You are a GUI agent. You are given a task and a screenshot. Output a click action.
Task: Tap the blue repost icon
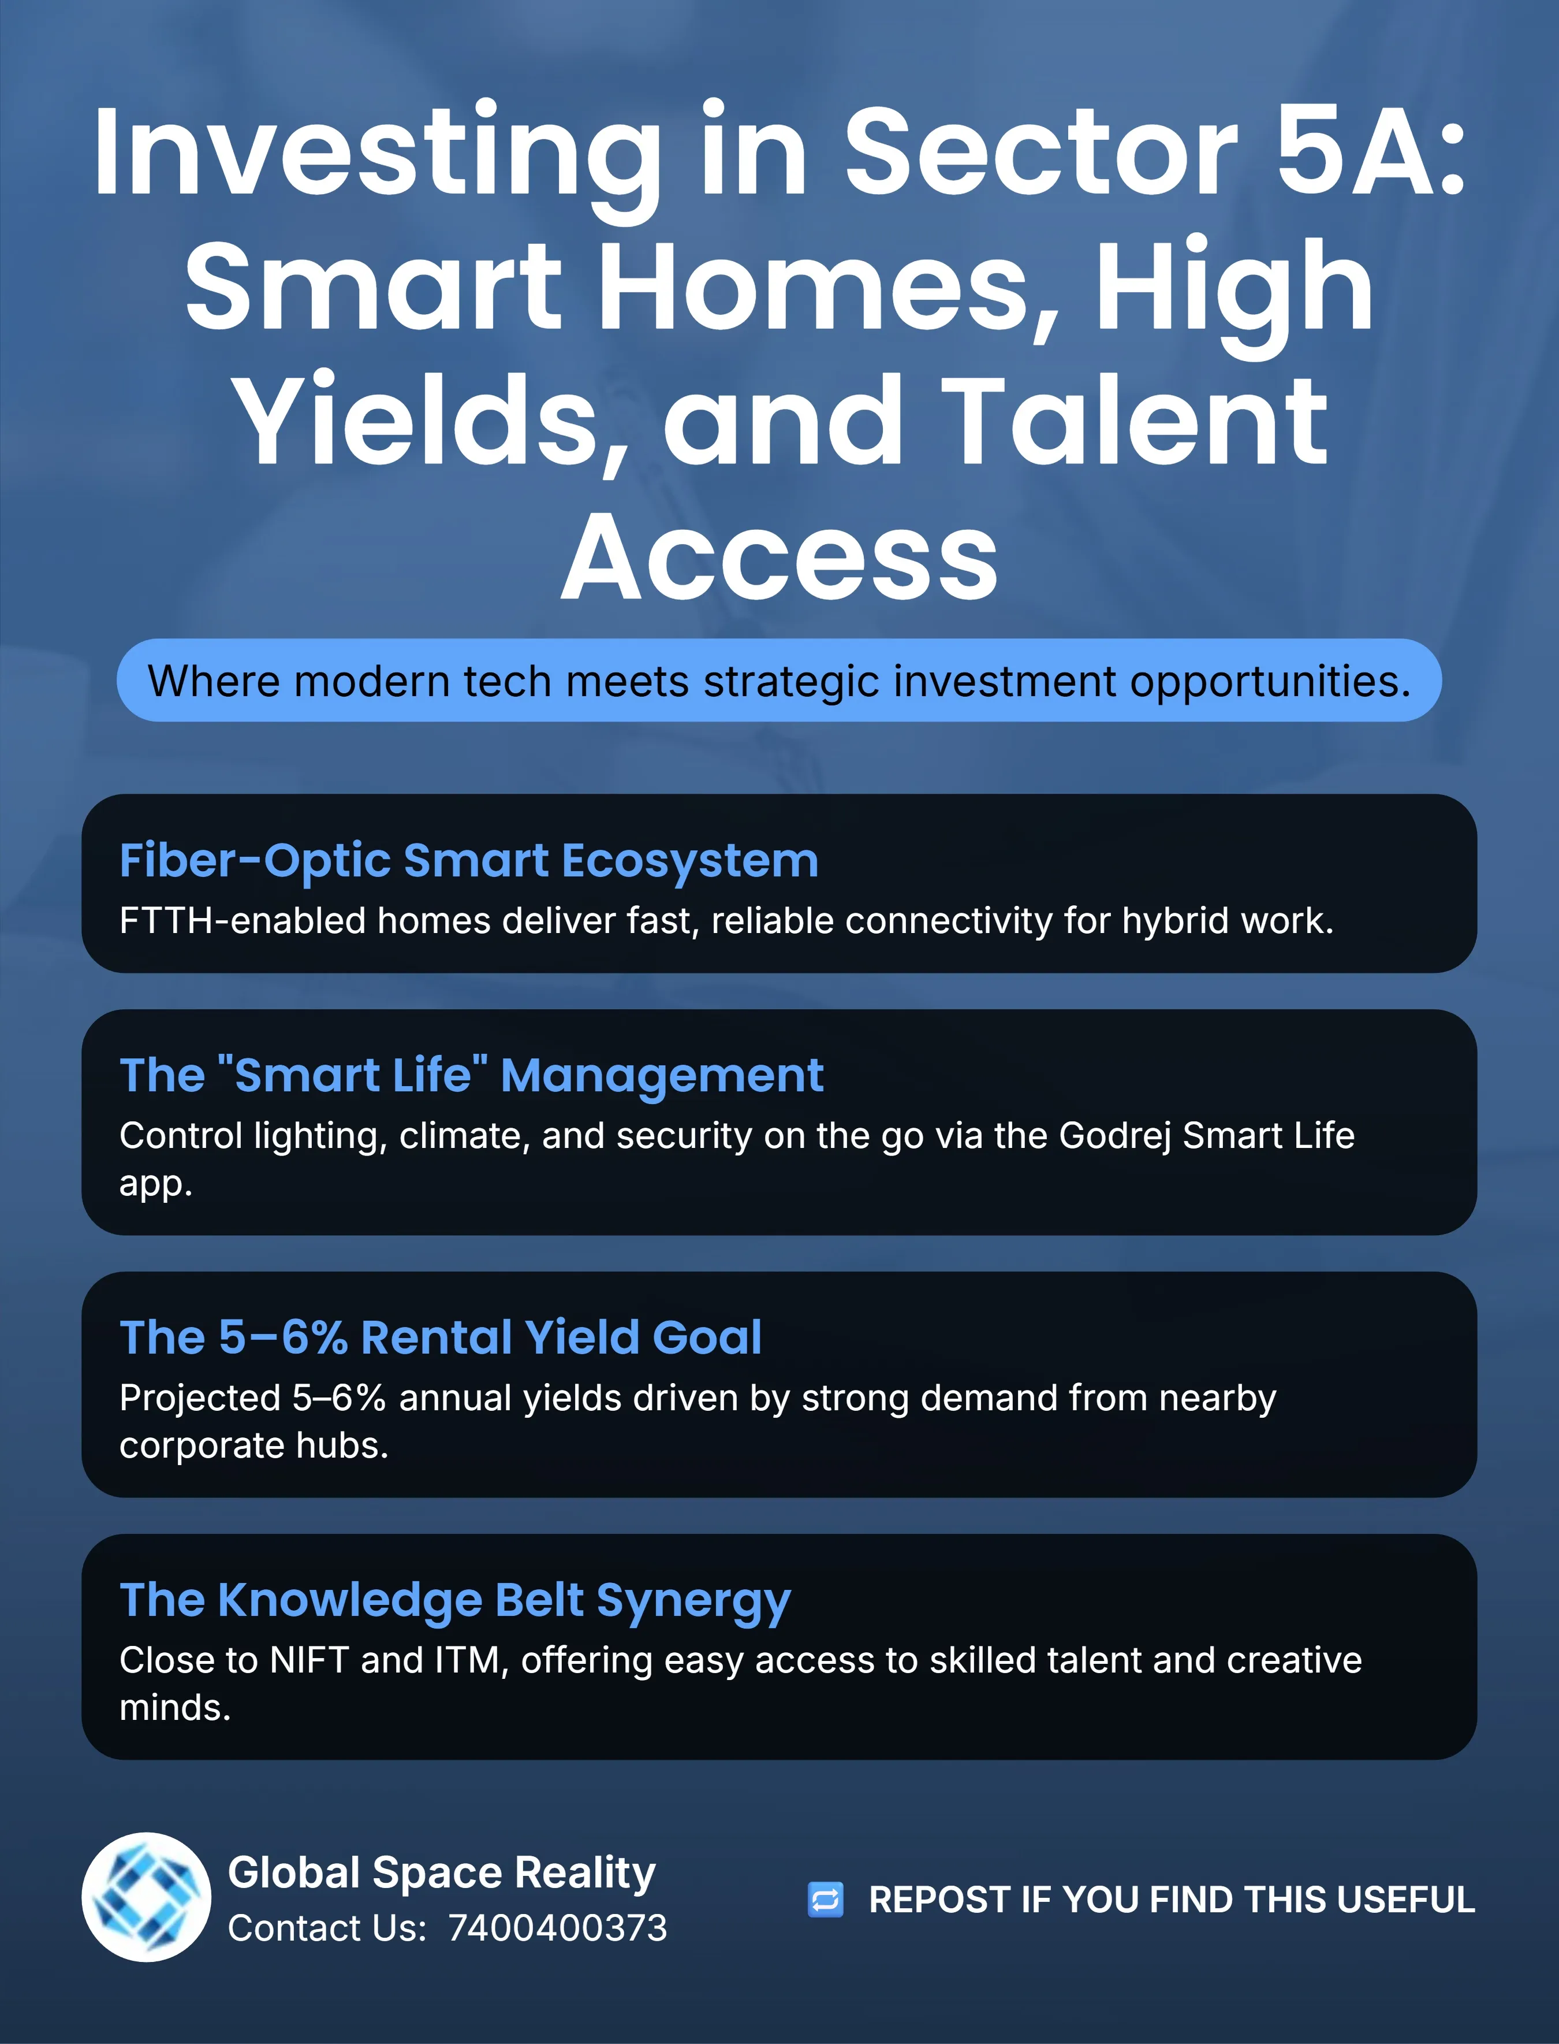click(x=825, y=1899)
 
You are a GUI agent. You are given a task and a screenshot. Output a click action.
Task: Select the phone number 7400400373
click(x=558, y=1928)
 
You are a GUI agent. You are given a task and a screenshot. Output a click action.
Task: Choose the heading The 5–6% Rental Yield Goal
click(x=441, y=1337)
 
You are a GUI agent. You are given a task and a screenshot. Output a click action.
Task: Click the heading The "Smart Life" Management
click(x=471, y=1076)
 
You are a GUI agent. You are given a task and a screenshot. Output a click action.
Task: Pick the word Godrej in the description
click(x=1114, y=1136)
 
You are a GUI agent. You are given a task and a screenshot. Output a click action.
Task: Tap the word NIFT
click(x=309, y=1660)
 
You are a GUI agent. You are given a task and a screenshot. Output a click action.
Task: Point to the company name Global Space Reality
click(x=442, y=1873)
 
